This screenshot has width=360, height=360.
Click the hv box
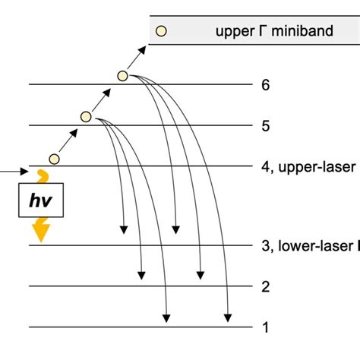(x=41, y=201)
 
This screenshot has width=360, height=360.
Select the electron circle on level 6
(x=122, y=75)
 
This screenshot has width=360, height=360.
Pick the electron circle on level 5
(x=86, y=117)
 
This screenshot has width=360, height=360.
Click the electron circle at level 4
(x=53, y=158)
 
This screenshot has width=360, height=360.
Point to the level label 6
(x=265, y=85)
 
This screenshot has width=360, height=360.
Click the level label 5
(x=265, y=126)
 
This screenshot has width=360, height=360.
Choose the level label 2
(x=265, y=286)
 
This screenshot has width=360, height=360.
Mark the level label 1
(x=265, y=327)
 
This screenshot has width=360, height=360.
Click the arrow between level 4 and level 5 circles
(x=69, y=137)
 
